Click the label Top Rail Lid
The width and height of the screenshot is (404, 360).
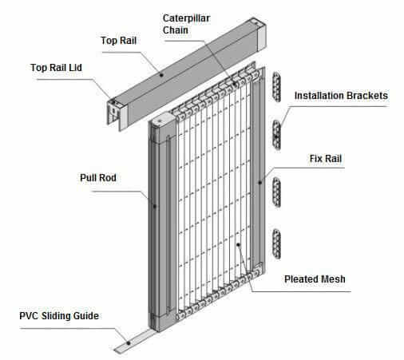56,68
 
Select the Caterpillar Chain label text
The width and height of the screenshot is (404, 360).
186,24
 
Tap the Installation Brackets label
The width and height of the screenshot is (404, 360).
341,96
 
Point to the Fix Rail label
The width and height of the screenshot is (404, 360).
326,159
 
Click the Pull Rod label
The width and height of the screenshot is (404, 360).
98,178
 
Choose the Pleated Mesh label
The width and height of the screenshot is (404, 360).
315,279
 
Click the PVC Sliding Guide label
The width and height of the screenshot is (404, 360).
59,316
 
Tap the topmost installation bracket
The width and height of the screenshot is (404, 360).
277,87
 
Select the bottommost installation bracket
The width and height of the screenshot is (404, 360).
277,243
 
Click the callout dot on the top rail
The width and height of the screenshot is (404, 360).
161,75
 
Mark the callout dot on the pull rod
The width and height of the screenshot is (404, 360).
155,206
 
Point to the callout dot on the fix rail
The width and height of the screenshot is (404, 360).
260,182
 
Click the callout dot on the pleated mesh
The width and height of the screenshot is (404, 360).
238,244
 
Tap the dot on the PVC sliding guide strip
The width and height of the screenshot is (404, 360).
129,343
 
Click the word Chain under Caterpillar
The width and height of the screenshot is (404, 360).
176,30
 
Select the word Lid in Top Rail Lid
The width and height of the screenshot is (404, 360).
75,68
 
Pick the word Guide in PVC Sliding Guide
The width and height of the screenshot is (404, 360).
86,316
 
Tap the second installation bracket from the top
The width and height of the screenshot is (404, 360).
277,135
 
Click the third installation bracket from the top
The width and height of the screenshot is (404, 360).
277,192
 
